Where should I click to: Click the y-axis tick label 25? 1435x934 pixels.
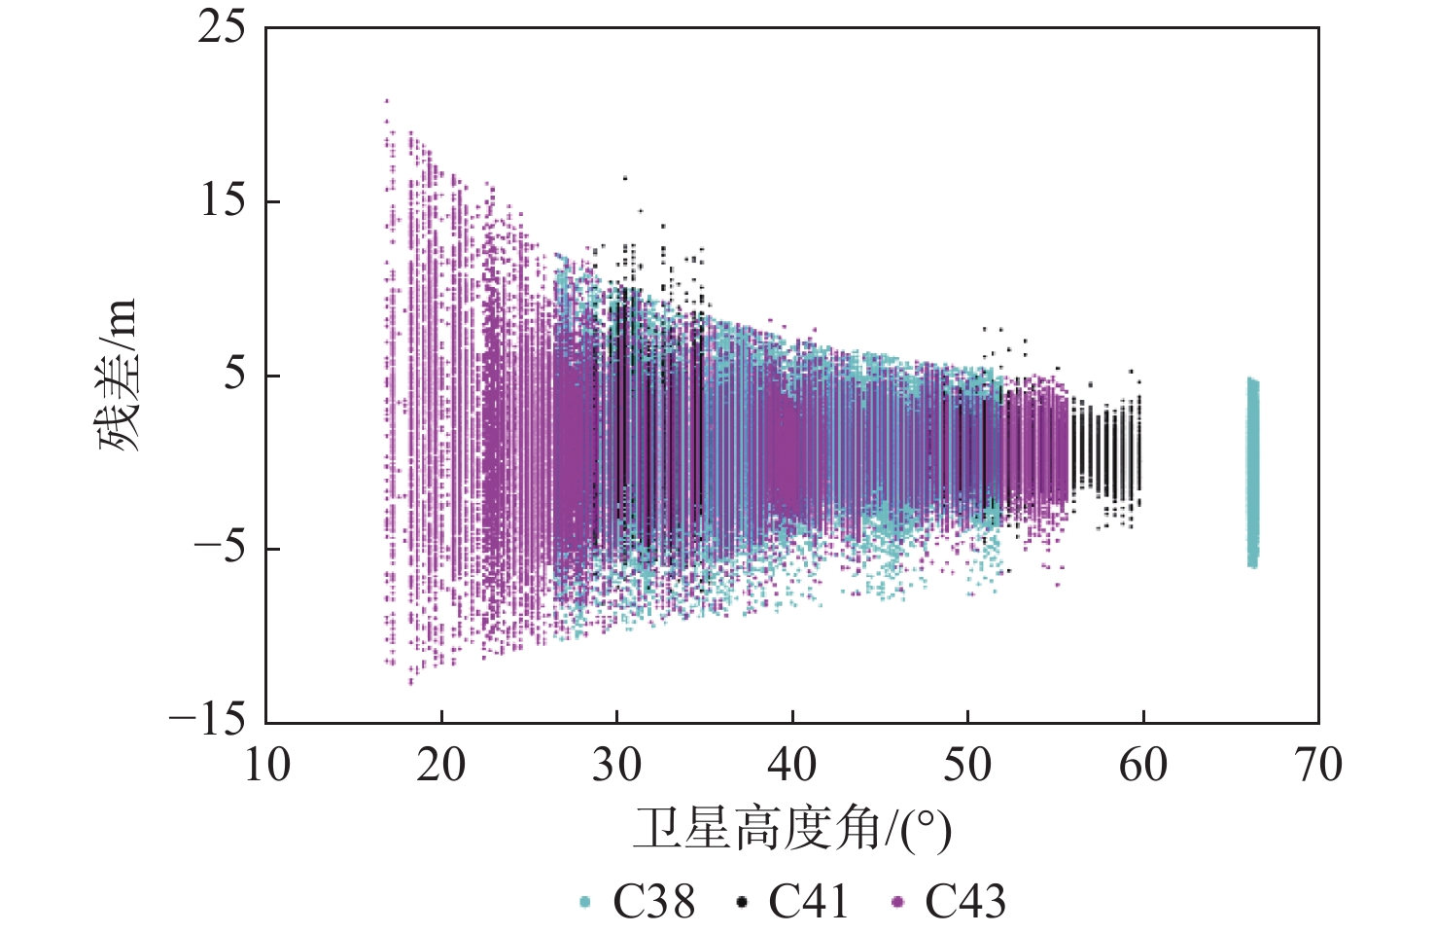[223, 27]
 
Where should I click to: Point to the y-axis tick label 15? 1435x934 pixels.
[223, 200]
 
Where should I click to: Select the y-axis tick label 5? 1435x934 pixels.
[234, 375]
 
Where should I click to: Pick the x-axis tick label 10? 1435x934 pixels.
[266, 766]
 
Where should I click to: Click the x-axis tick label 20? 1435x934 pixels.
[441, 766]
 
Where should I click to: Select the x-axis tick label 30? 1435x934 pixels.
[616, 766]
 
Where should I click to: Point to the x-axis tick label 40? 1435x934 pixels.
[792, 766]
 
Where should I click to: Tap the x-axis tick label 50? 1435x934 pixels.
[967, 766]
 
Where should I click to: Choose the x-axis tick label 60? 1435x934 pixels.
[1142, 766]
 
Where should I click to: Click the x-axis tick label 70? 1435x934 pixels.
[1318, 766]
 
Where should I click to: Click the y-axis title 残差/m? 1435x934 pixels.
[119, 376]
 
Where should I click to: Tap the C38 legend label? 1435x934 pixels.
[653, 902]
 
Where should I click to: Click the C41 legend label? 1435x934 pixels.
[808, 902]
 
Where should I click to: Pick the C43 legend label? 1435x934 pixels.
[964, 902]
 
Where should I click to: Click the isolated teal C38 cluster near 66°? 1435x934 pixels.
[1252, 472]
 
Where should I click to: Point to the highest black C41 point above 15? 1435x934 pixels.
[624, 178]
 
